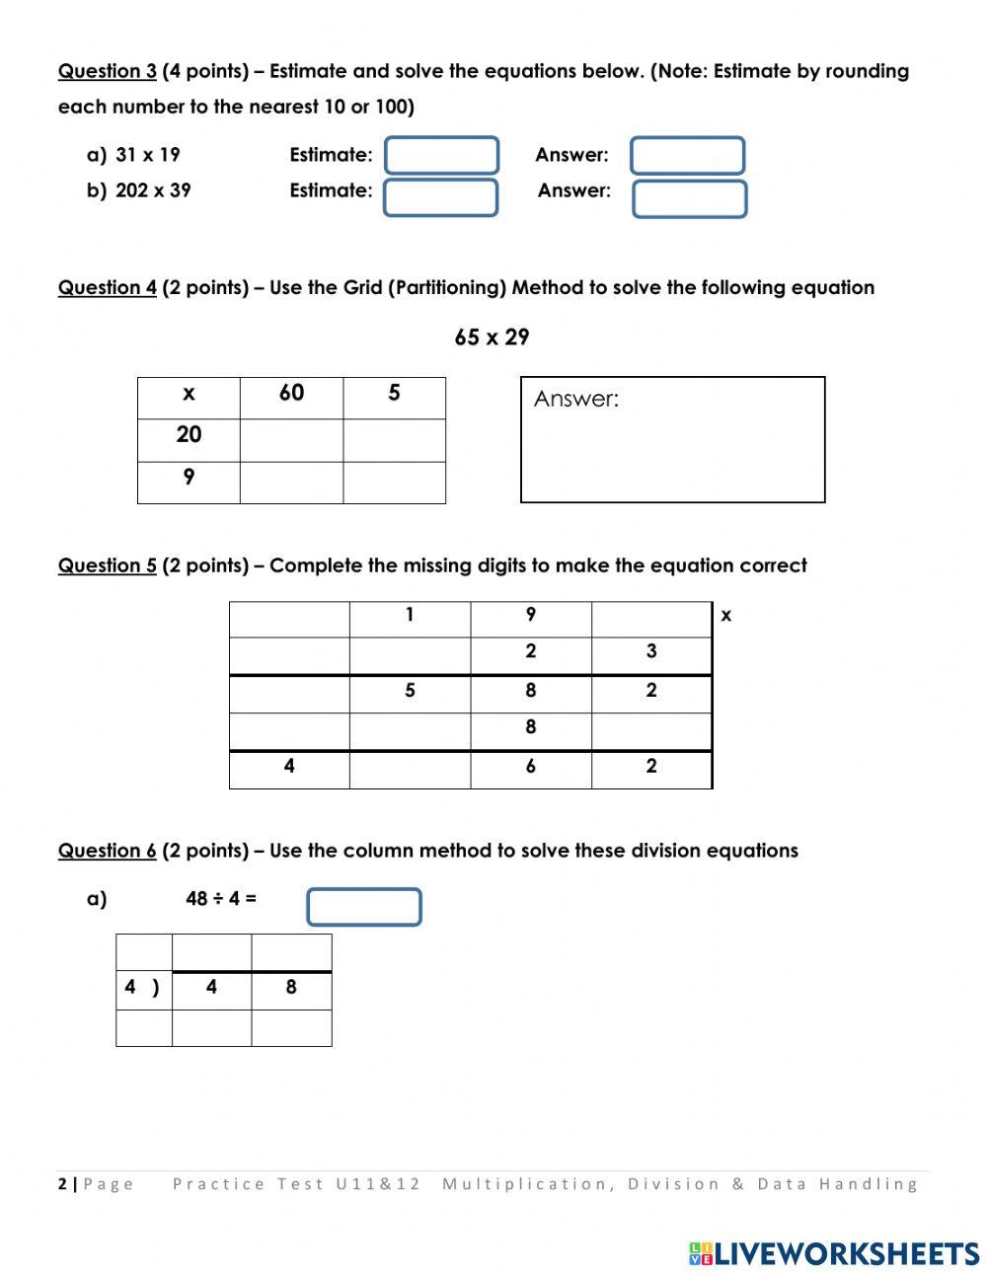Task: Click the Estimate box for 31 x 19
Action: pos(441,156)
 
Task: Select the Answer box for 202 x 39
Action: pos(689,198)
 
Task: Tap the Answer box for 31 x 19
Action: pos(687,156)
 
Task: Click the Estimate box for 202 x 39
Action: pos(440,197)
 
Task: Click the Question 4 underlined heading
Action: pos(107,288)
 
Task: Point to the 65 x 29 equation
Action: pos(492,337)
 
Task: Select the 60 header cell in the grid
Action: pos(291,394)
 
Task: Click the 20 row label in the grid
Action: pos(189,435)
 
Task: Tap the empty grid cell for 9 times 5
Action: pos(394,483)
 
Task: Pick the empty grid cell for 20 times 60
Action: pos(291,440)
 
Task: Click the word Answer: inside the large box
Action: pos(576,400)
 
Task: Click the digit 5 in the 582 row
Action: pos(410,691)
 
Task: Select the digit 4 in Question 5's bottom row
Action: pos(289,767)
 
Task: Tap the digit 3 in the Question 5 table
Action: pos(651,651)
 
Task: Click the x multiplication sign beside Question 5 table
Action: pos(726,616)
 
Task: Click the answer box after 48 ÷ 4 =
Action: pos(363,907)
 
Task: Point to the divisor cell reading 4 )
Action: pos(143,987)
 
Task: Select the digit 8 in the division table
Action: pos(291,987)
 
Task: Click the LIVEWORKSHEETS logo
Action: pos(834,1253)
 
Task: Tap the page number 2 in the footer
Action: pos(63,1184)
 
